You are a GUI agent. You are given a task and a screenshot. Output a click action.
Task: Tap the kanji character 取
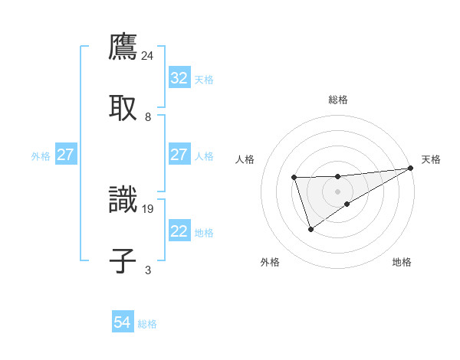[123, 107]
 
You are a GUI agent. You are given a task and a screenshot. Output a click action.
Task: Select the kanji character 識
[123, 198]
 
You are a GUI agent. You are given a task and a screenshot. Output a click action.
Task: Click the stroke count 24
[148, 55]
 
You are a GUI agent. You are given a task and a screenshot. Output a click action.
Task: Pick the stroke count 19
[148, 208]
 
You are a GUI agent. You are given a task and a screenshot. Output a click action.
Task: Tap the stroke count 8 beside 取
[148, 117]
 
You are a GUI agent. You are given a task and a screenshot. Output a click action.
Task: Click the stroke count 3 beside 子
[148, 270]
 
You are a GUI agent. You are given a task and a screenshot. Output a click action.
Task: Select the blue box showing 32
[179, 78]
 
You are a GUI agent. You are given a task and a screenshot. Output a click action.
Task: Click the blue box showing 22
[179, 231]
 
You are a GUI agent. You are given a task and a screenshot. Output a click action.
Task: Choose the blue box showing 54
[122, 322]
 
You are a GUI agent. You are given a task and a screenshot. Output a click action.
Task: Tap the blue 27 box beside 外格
[65, 155]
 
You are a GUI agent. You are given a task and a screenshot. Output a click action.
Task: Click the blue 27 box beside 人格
[179, 155]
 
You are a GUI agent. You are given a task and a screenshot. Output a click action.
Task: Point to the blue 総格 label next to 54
[147, 323]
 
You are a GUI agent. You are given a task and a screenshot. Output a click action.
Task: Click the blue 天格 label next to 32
[204, 79]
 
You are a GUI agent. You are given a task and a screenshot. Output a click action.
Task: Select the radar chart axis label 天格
[431, 159]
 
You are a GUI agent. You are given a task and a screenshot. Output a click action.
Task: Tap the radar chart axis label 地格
[402, 263]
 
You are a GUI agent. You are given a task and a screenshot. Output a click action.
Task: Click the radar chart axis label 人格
[245, 159]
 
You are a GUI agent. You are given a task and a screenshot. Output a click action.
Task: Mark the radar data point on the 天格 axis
[411, 168]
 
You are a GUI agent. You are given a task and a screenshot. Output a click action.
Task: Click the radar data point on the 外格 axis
[310, 229]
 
